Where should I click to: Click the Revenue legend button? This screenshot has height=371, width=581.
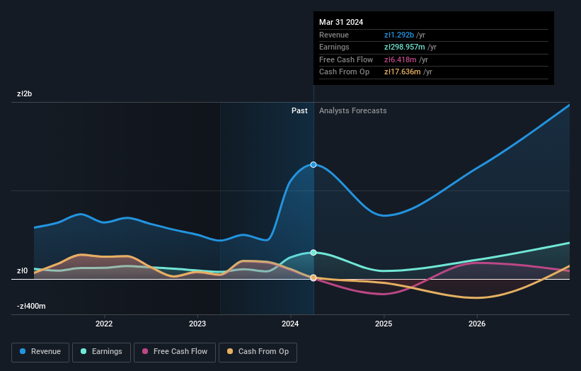40,351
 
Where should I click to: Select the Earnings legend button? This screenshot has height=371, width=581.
101,351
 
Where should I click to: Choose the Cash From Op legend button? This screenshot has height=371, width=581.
258,351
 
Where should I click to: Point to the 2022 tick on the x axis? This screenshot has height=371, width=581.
104,324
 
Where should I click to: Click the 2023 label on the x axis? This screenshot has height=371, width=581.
197,324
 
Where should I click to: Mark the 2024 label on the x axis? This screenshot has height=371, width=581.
290,324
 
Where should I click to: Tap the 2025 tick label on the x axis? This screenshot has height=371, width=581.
384,324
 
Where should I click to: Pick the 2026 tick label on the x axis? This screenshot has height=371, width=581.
477,324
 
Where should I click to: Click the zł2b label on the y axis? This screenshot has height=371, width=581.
25,93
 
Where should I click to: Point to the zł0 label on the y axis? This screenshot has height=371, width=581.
23,270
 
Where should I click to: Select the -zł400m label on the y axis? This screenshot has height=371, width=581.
31,307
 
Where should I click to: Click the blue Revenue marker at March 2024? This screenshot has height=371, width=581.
313,164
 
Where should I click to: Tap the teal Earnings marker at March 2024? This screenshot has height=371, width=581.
313,253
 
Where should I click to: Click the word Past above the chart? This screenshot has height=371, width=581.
299,110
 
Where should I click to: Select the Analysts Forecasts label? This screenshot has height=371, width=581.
352,110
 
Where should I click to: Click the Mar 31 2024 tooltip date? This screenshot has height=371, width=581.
341,22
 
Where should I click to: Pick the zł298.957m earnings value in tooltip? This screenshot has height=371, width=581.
405,47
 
